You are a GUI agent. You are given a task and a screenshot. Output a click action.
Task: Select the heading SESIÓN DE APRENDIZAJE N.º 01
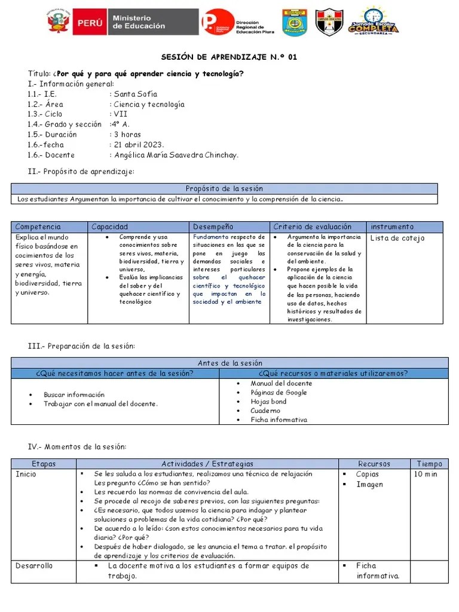point(229,57)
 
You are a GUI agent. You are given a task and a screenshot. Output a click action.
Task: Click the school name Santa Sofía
point(136,94)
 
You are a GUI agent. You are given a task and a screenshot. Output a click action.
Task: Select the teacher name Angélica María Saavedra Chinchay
point(176,155)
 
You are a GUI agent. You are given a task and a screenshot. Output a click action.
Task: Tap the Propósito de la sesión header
point(224,188)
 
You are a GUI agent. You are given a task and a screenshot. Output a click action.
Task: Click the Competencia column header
point(38,227)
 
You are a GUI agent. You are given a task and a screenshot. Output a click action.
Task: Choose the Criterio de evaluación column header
point(312,227)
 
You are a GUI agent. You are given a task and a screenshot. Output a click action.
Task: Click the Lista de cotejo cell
point(397,238)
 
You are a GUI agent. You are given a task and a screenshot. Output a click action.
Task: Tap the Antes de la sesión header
point(229,363)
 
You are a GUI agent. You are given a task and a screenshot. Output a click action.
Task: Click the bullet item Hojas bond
point(268,402)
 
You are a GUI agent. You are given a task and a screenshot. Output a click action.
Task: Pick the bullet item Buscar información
point(74,394)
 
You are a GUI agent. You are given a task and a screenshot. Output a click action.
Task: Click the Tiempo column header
point(429,464)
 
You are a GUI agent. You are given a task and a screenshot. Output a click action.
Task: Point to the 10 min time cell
point(426,475)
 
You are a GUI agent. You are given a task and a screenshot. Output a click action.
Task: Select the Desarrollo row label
point(34,566)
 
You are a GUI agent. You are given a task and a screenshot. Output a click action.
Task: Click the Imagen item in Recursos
point(369,485)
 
